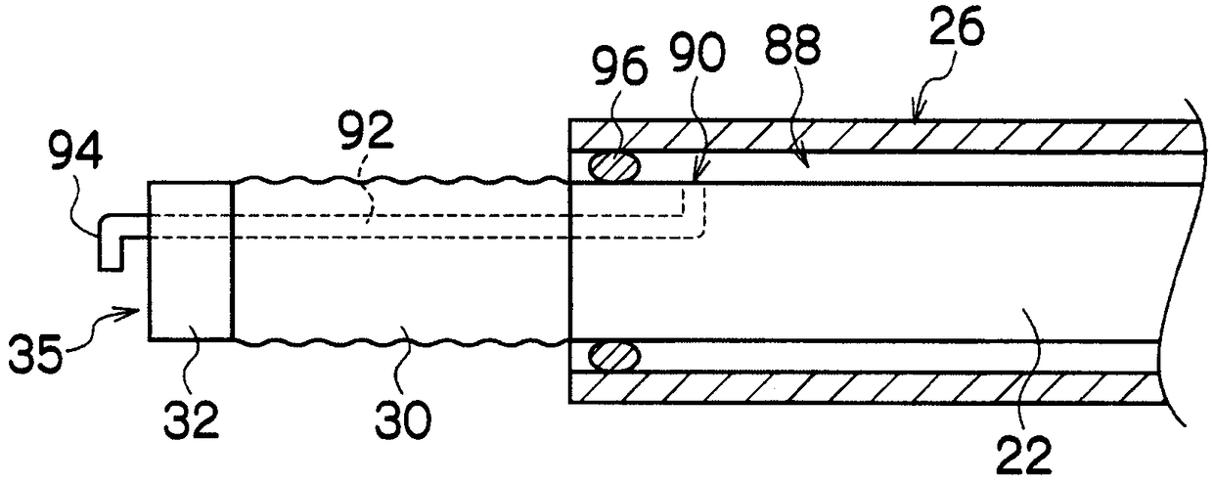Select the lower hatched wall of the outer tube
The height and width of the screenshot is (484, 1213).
click(x=880, y=388)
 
